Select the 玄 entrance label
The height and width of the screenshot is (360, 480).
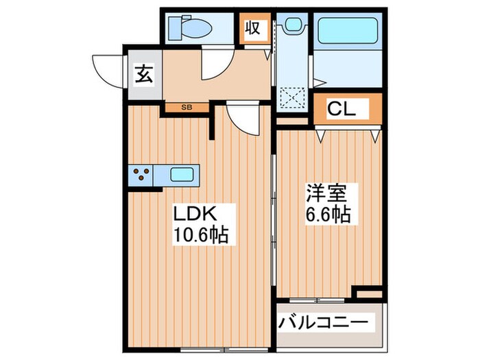click(x=143, y=73)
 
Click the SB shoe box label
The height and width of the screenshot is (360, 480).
click(x=187, y=107)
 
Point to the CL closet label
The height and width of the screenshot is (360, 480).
click(x=340, y=108)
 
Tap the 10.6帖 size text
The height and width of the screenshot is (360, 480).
click(x=200, y=235)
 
